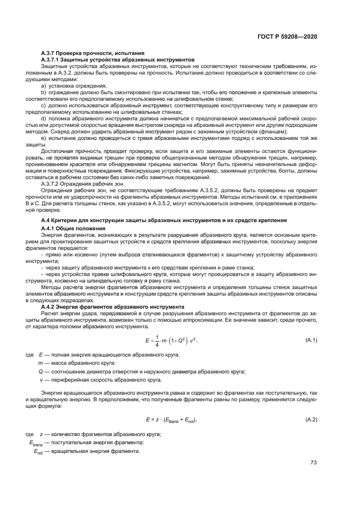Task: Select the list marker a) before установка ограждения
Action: click(44, 86)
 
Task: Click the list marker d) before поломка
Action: click(44, 118)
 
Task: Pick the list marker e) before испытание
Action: click(44, 139)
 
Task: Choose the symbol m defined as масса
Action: click(40, 363)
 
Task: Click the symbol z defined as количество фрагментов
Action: click(41, 434)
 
